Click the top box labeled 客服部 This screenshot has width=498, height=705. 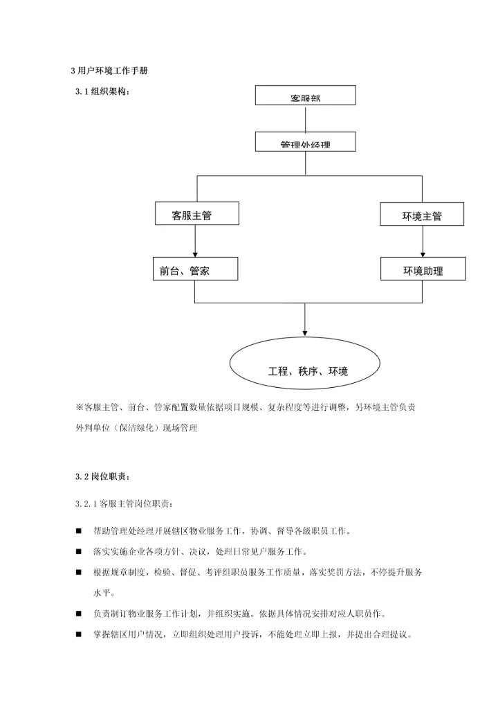pyautogui.click(x=305, y=95)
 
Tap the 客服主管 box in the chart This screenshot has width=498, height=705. pyautogui.click(x=196, y=213)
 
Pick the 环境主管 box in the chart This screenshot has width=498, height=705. pyautogui.click(x=422, y=214)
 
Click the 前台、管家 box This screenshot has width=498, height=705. pyautogui.click(x=194, y=269)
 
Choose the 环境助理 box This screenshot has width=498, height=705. pyautogui.click(x=423, y=269)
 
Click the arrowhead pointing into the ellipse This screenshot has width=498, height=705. pyautogui.click(x=305, y=332)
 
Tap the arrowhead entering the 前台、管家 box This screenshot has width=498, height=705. pyautogui.click(x=195, y=253)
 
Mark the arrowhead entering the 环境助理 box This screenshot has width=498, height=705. pyautogui.click(x=423, y=253)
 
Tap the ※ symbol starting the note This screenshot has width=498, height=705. pyautogui.click(x=79, y=408)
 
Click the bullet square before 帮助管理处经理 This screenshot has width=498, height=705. pyautogui.click(x=78, y=531)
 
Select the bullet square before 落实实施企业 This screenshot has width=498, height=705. pyautogui.click(x=78, y=552)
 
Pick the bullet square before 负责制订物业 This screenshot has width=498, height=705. pyautogui.click(x=78, y=614)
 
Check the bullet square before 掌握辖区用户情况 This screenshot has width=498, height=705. pyautogui.click(x=78, y=634)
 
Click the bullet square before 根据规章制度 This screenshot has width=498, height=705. pyautogui.click(x=78, y=573)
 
